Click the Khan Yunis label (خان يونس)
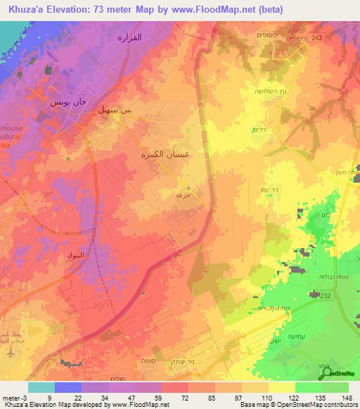(x=67, y=102)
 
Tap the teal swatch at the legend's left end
(x=41, y=387)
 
